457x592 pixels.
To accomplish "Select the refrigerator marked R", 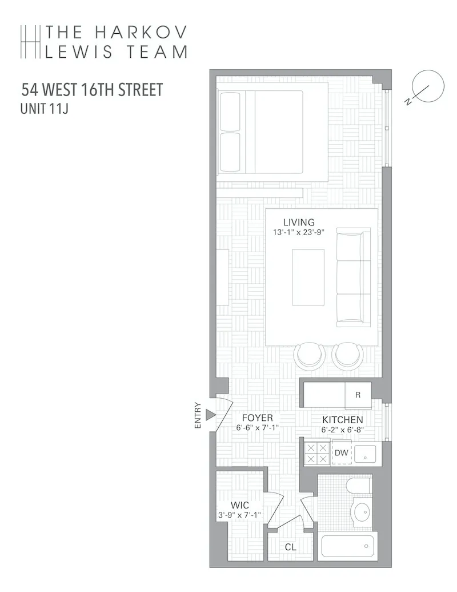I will [358, 395].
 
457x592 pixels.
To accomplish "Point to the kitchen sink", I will [365, 454].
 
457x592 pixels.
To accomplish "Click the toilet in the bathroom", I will [359, 487].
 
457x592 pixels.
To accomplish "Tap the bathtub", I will [347, 546].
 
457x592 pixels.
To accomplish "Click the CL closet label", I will [291, 547].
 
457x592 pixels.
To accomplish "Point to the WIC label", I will [239, 505].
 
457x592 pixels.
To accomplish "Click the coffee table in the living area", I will [308, 277].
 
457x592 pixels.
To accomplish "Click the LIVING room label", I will [299, 222].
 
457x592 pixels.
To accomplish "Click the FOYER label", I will [257, 418].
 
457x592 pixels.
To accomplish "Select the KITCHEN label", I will [342, 420].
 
